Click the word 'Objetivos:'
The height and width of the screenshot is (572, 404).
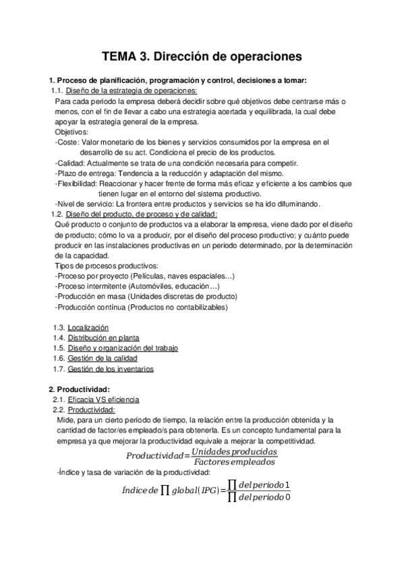[x=71, y=132]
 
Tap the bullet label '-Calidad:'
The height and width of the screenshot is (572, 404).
[x=70, y=163]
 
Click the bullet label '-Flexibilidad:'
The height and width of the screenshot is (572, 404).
[x=76, y=183]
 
